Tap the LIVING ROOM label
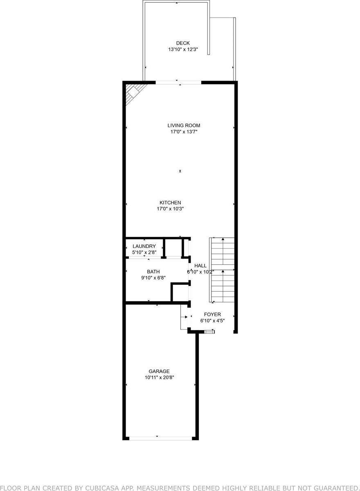(184, 126)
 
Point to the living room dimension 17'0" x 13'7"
(184, 132)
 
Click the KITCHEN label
(170, 203)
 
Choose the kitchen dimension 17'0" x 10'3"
(170, 209)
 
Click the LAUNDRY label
(144, 246)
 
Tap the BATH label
(153, 271)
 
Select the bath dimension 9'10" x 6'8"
(153, 278)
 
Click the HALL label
(200, 266)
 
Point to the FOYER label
(212, 314)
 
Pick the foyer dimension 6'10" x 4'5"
(212, 321)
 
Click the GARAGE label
(159, 371)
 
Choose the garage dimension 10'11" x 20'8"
(159, 378)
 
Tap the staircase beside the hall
(222, 270)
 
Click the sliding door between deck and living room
(178, 83)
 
